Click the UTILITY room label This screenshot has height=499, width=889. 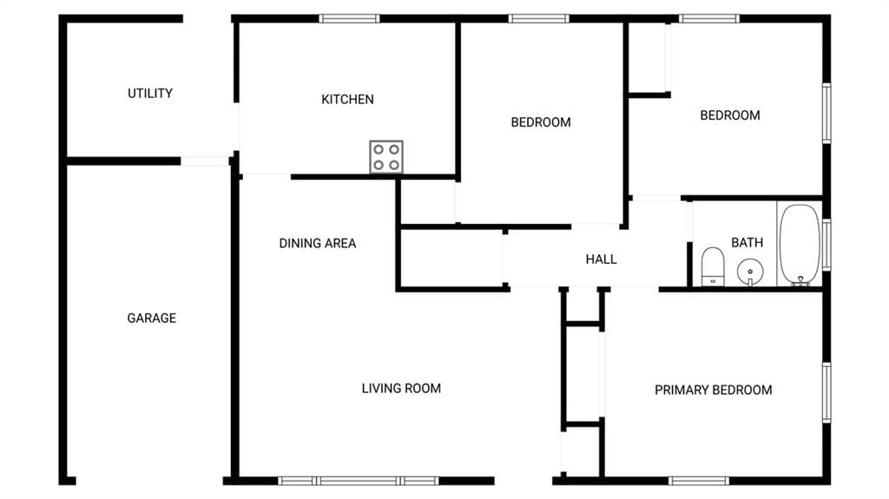coord(149,94)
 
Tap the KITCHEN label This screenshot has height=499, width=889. coord(347,100)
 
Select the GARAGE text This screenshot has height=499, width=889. coord(151,318)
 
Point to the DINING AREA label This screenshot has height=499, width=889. coord(318,244)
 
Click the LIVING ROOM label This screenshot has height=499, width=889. coord(401,389)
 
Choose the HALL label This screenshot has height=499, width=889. coord(601,259)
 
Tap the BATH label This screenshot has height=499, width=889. coord(747,243)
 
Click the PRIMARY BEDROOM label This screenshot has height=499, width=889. coord(714,391)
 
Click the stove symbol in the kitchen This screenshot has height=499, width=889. coord(386,156)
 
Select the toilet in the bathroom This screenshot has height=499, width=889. coord(713,266)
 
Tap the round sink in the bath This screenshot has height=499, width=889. coord(750,272)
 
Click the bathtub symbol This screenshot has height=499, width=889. coord(800,245)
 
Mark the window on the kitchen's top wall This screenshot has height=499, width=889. coord(349,19)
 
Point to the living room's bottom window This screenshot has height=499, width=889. coord(359,481)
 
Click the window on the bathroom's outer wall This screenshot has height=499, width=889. coord(826,245)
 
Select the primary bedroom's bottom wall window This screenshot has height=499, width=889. coord(699,481)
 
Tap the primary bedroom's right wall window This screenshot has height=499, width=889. coord(826,392)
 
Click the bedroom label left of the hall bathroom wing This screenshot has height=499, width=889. coord(541,122)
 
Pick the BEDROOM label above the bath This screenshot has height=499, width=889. coord(730,115)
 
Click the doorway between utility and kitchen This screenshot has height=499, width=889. coord(236,127)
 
